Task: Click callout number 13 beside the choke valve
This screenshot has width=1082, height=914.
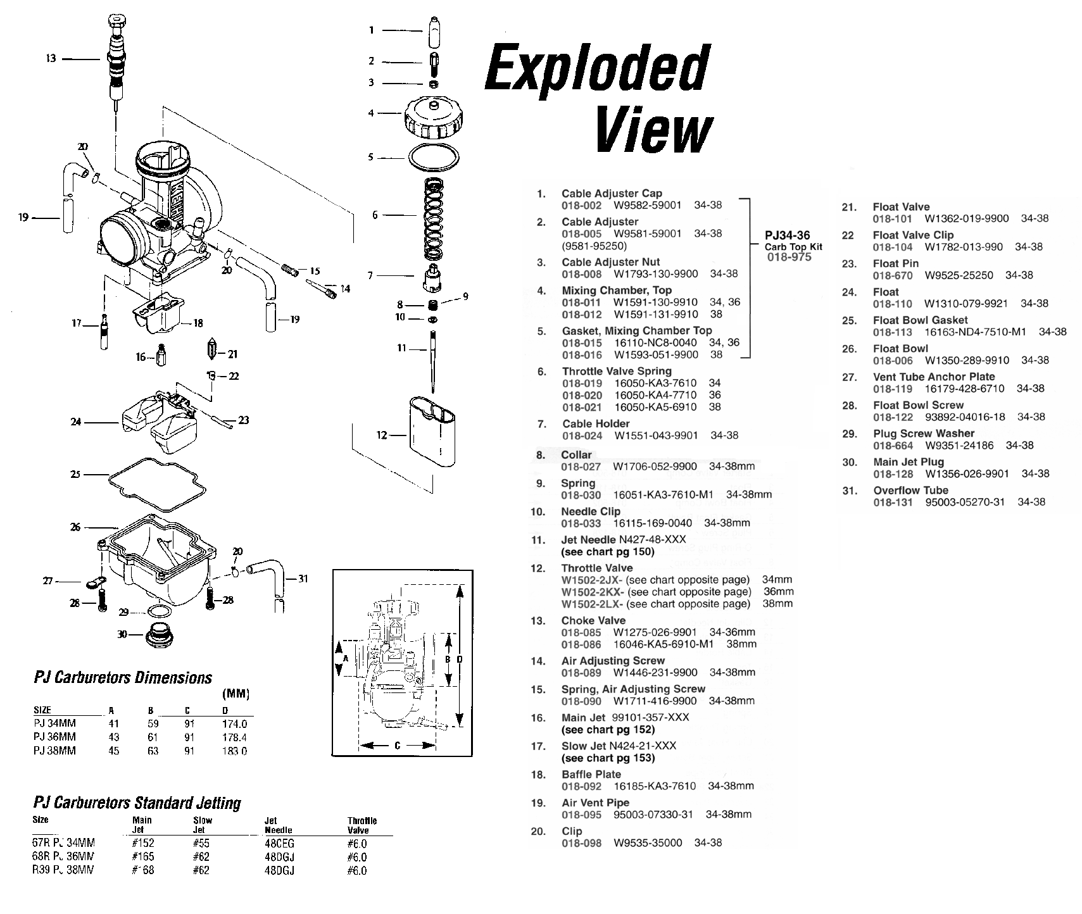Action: tap(51, 58)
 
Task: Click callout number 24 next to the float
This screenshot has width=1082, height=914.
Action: tap(76, 422)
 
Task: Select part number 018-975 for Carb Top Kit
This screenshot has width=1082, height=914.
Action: tap(789, 257)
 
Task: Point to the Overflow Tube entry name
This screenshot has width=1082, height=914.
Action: tap(910, 491)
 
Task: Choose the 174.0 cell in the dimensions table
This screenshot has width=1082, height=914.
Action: tap(234, 723)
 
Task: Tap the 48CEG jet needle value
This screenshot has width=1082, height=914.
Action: tap(279, 843)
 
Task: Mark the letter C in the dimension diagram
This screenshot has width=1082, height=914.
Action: tap(397, 746)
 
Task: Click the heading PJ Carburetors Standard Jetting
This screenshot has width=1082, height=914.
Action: tap(137, 803)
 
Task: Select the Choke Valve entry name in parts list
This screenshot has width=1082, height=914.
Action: tap(593, 620)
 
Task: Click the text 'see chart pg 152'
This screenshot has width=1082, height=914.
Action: tap(608, 729)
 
